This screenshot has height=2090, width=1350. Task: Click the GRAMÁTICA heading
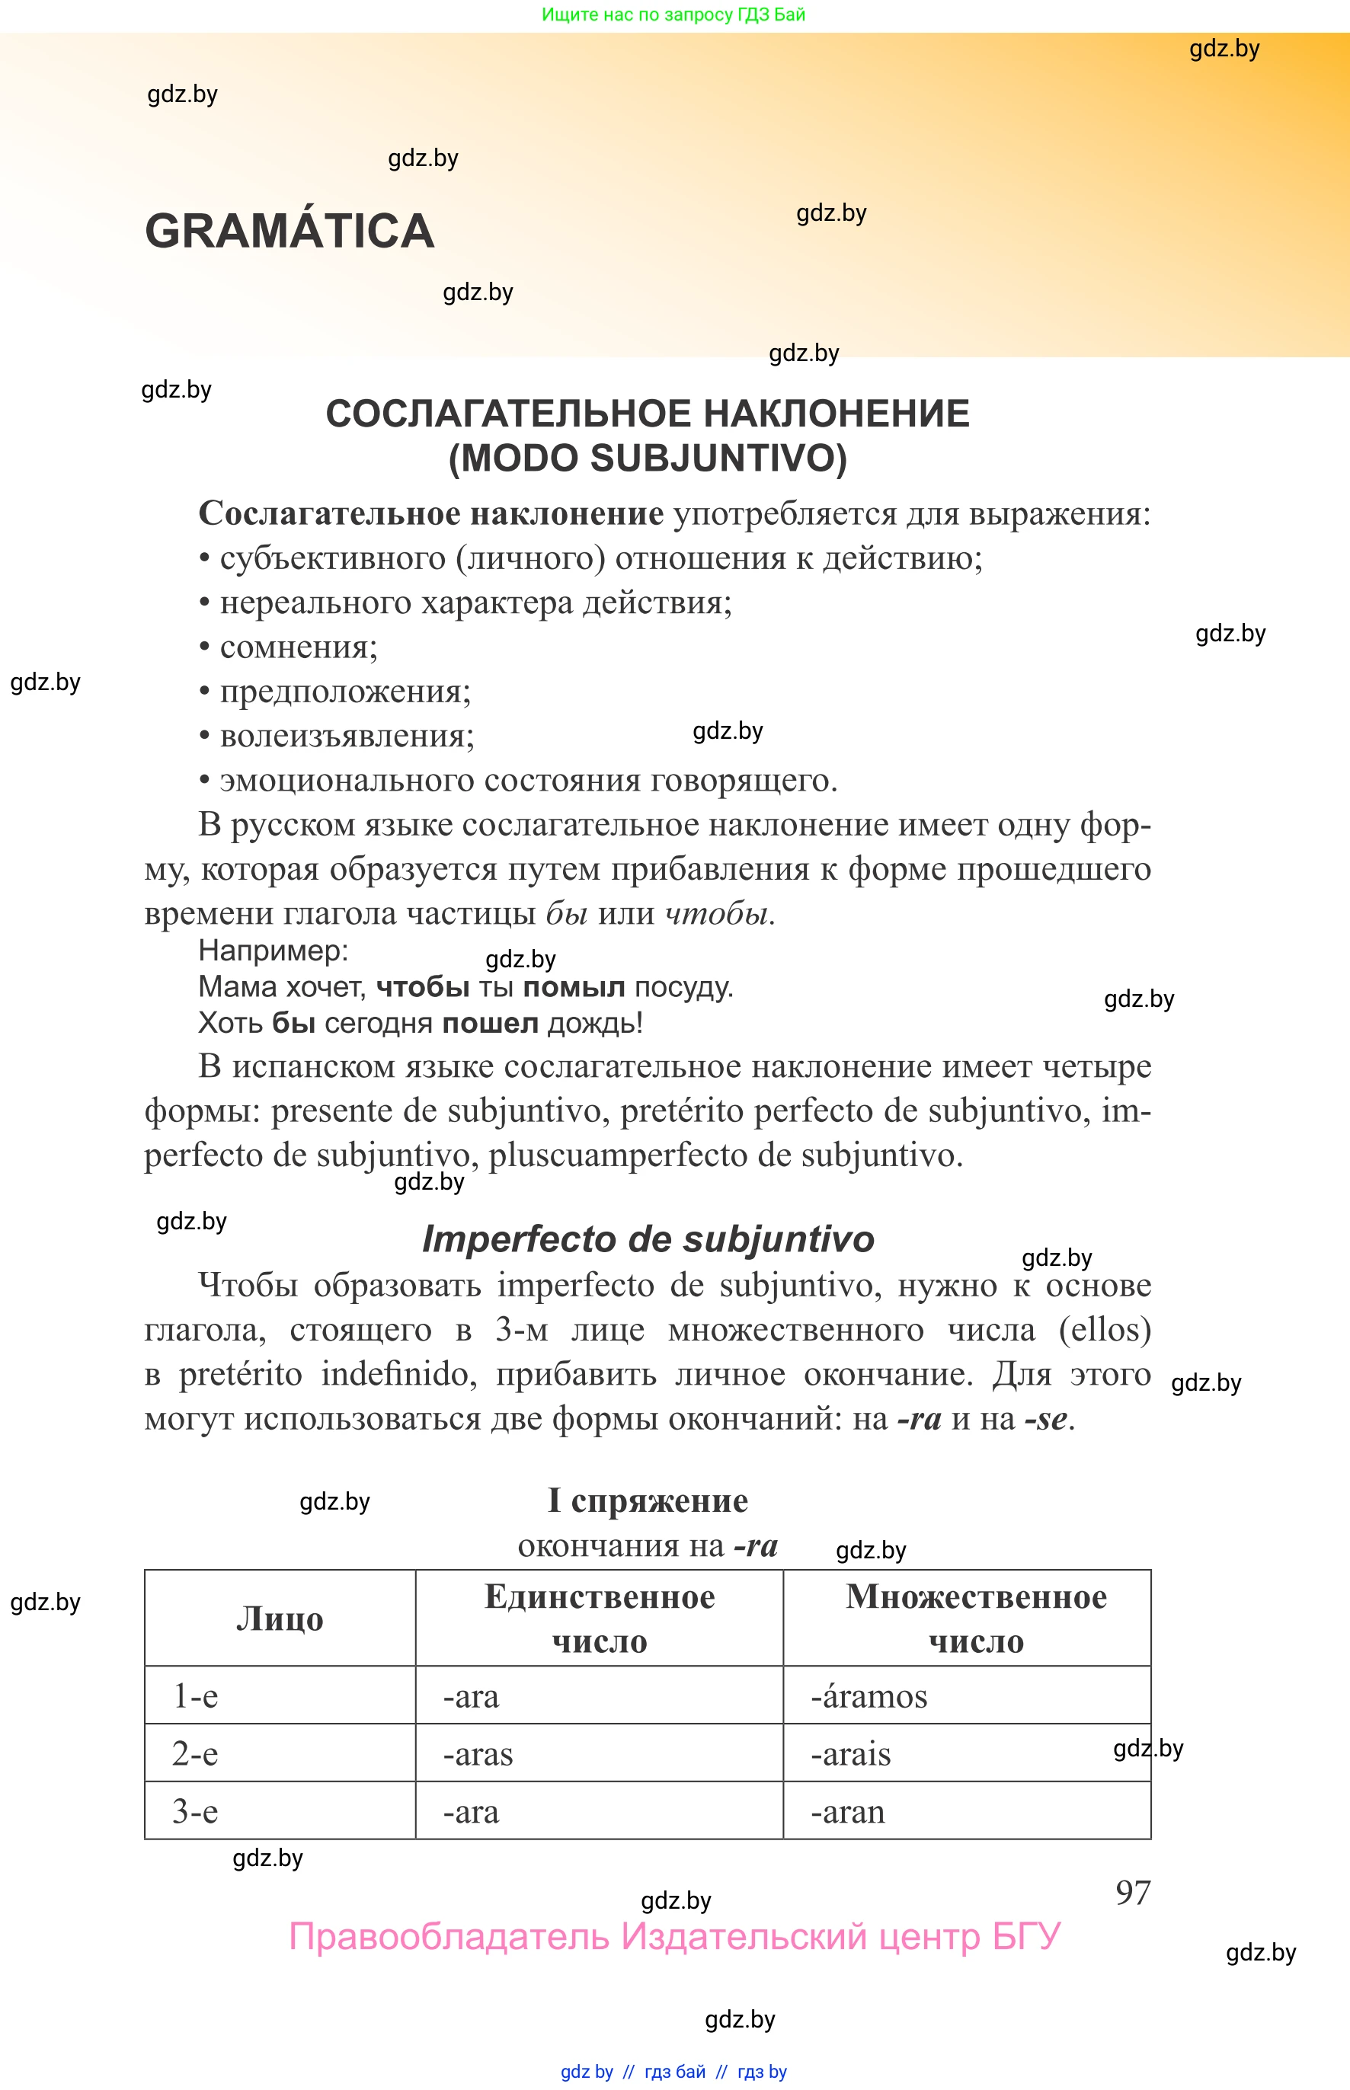pos(290,232)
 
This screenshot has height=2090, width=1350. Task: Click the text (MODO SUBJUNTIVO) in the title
pos(647,459)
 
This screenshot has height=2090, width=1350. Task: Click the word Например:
pos(274,950)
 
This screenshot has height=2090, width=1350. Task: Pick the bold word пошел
pos(489,1023)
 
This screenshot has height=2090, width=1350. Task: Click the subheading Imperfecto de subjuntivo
pos(648,1238)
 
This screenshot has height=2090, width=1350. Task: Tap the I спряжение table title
pos(648,1500)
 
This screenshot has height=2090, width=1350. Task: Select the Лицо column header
pos(280,1618)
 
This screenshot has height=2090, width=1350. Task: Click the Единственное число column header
pos(599,1618)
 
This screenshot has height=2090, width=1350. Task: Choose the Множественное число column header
pos(975,1618)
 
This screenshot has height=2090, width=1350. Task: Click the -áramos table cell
pos(868,1695)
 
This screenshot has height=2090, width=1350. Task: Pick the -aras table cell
pos(478,1753)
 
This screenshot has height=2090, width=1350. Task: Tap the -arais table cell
pos(850,1753)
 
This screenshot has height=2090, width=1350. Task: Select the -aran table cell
pos(848,1811)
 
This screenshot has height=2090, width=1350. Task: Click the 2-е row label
pos(194,1753)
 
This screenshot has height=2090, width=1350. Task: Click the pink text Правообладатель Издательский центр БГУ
pos(674,1937)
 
